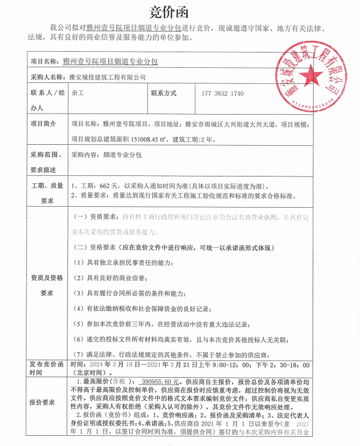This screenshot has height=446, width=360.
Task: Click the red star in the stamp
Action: pyautogui.click(x=312, y=74)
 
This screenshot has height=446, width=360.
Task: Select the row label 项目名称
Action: pyautogui.click(x=46, y=62)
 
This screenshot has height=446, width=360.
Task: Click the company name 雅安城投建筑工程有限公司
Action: pyautogui.click(x=108, y=77)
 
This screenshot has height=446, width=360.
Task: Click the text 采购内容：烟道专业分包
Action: pyautogui.click(x=106, y=155)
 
